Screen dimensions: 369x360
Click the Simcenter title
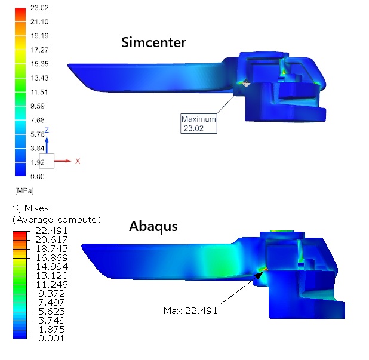pos(153,42)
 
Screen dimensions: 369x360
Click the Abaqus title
pos(153,227)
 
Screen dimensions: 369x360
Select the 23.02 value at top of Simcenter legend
pos(39,8)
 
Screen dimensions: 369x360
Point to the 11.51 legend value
pos(39,92)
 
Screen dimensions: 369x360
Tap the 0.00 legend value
pos(38,177)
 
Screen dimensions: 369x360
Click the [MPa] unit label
pos(24,190)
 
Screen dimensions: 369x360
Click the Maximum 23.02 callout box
pos(199,124)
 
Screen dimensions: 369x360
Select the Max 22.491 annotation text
pos(190,311)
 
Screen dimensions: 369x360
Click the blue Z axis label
pos(47,130)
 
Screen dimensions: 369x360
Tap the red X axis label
pos(78,161)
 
